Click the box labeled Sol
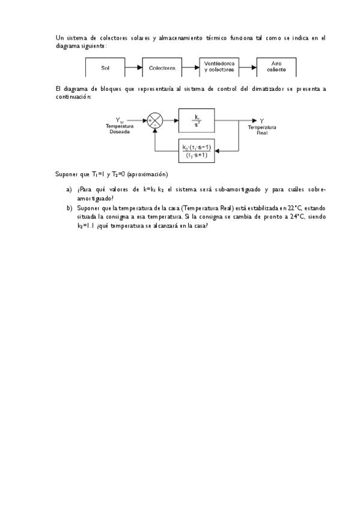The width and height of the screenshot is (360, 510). point(106,68)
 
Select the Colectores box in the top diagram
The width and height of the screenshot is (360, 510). point(162,68)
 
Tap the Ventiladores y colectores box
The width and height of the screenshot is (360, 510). point(219,68)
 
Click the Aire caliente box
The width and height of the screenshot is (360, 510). point(276,68)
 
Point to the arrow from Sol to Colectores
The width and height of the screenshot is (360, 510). point(133,68)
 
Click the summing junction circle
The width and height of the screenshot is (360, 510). point(155,121)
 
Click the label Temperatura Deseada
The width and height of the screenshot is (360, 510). point(120,129)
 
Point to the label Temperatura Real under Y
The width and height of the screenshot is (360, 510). point(262,130)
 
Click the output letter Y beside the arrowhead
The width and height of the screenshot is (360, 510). point(262,121)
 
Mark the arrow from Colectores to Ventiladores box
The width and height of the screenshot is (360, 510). point(191,68)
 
